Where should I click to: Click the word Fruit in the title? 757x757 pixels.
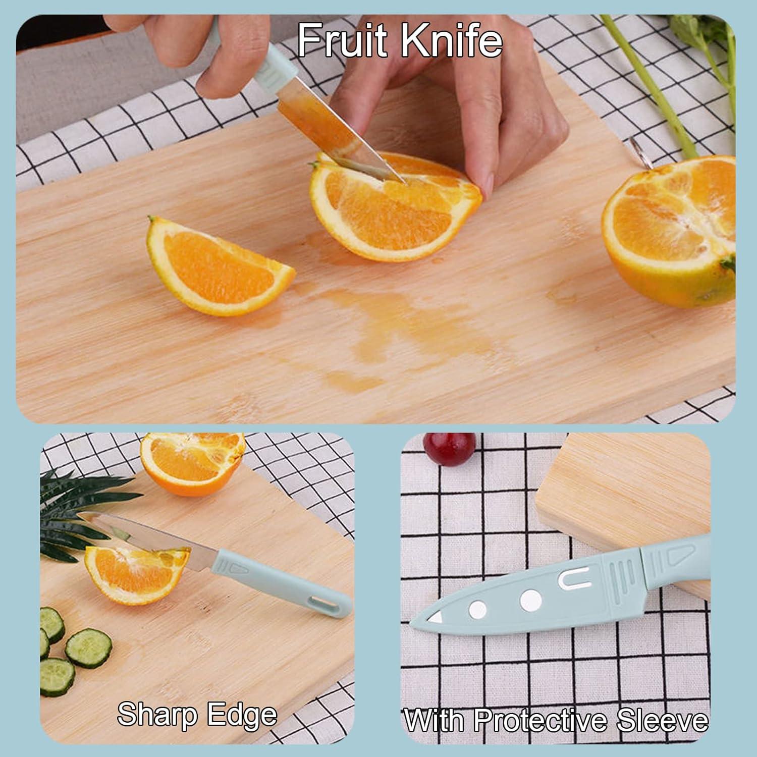pos(344,40)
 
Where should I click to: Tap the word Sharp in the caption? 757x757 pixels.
pos(156,715)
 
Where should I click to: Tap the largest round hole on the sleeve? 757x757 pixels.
pos(530,600)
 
